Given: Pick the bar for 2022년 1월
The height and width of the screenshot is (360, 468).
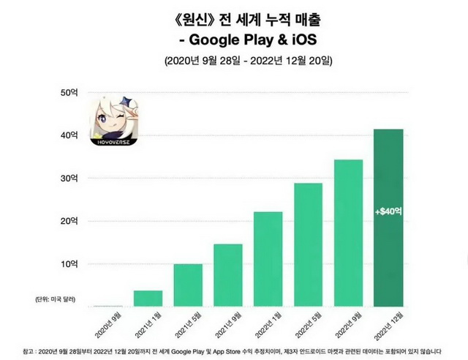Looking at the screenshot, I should [268, 258].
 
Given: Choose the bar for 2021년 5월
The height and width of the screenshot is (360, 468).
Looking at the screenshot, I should [188, 285].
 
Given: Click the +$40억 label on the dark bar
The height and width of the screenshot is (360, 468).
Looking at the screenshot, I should [388, 211].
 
